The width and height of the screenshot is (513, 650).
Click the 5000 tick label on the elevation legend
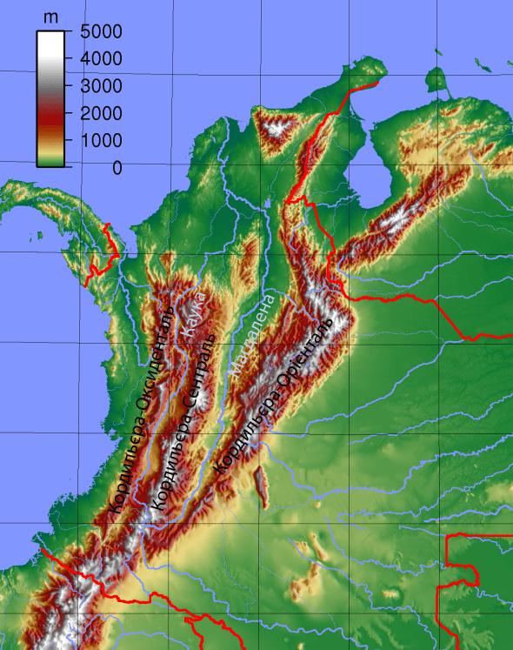click(x=104, y=31)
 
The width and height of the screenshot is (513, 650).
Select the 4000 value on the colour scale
click(x=104, y=59)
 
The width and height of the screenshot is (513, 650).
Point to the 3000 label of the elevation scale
click(x=104, y=86)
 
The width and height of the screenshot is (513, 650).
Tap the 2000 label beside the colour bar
click(x=104, y=113)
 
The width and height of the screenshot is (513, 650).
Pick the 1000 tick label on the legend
click(x=104, y=140)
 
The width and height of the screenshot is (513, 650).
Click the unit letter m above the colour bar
click(x=50, y=17)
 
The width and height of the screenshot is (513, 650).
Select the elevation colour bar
click(x=51, y=97)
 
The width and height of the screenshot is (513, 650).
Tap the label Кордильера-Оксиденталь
click(x=138, y=409)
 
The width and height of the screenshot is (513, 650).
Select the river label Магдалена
click(x=252, y=334)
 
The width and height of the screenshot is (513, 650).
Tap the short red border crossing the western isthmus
click(x=106, y=251)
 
